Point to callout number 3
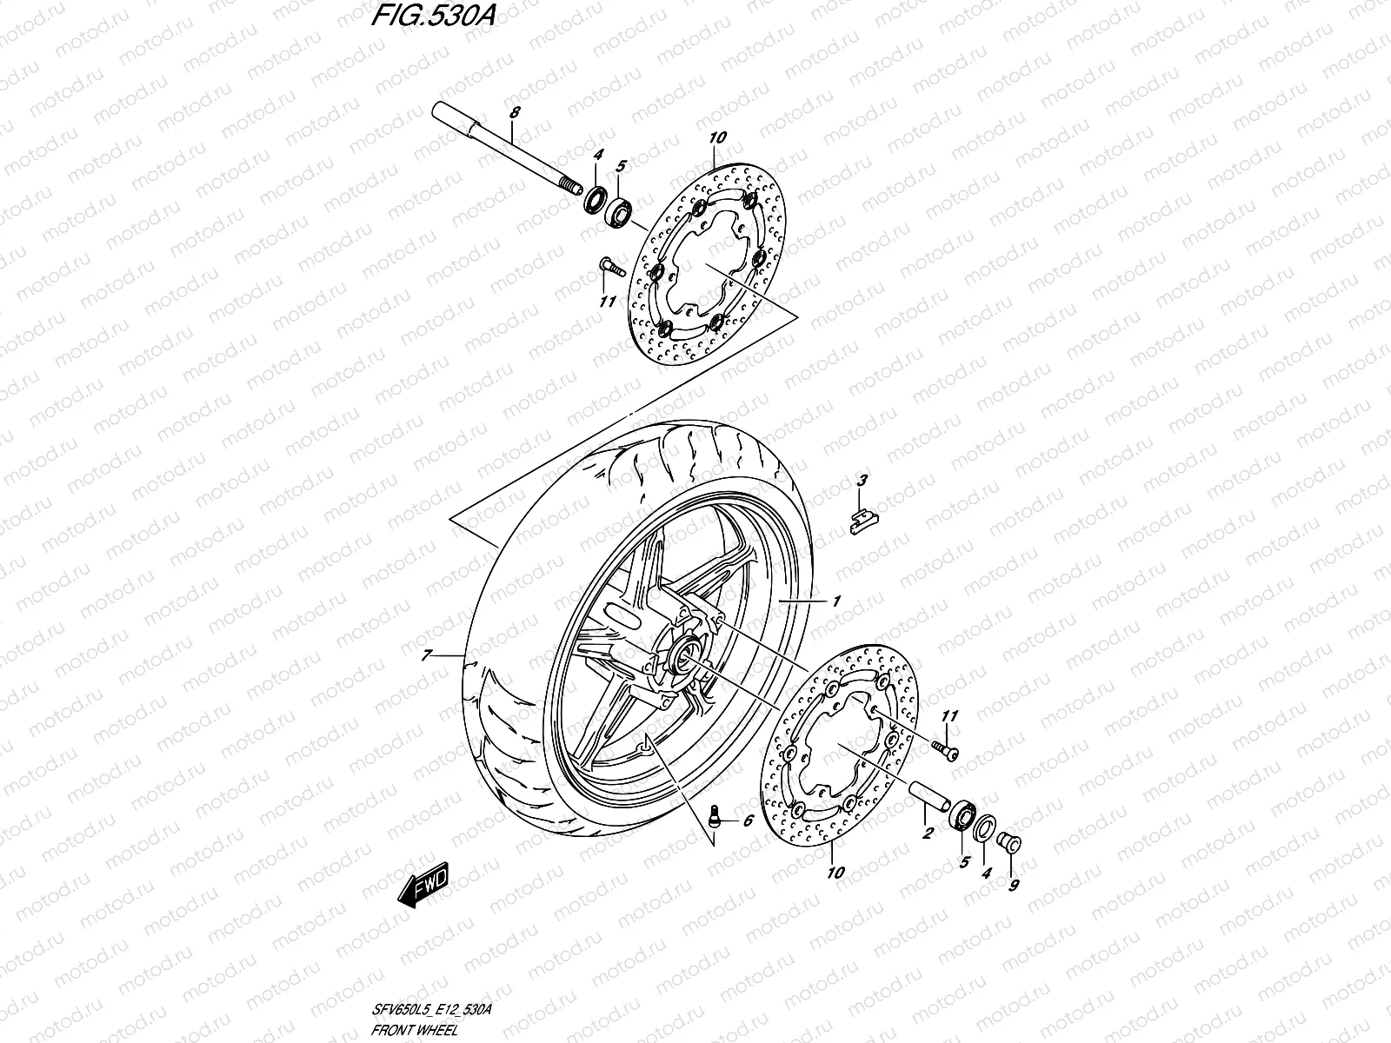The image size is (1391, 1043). coord(862,480)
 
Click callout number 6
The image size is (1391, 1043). coord(746,820)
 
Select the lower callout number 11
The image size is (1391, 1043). coord(948,716)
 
